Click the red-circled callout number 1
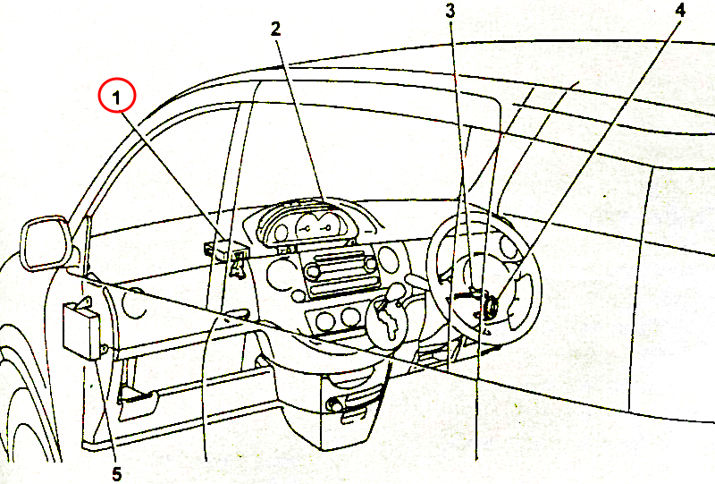117,98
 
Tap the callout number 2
275,29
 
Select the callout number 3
450,11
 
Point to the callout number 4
680,10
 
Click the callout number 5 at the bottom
117,474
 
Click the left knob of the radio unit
313,272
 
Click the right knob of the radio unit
371,263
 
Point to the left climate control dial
324,320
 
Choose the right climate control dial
351,317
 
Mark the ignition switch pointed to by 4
491,305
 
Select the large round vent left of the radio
282,275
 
